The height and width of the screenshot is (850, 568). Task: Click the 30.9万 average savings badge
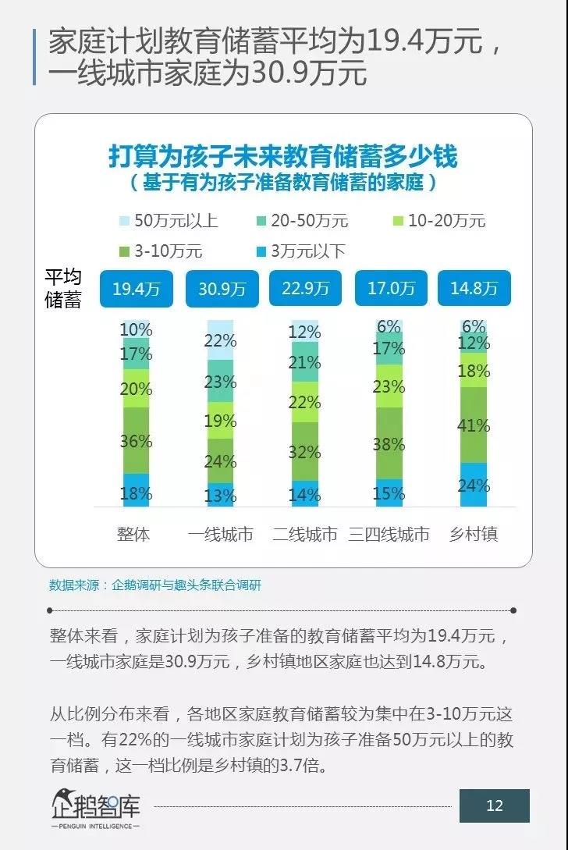point(222,289)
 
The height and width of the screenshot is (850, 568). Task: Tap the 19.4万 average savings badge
point(136,289)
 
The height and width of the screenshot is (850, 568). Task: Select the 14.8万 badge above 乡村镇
point(474,289)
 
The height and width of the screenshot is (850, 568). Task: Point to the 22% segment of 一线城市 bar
point(221,340)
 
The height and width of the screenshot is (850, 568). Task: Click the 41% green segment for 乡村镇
point(474,425)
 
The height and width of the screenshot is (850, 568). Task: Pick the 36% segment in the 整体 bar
point(136,441)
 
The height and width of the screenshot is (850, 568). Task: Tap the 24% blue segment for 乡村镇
point(474,485)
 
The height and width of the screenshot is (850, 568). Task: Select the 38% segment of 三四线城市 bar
point(389,443)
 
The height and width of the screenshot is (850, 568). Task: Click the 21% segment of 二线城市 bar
point(305,362)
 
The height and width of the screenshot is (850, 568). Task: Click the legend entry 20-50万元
point(300,221)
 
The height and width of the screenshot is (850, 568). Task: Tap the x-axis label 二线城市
point(305,535)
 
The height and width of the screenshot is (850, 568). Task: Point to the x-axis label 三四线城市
point(389,535)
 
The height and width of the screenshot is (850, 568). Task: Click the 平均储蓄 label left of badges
point(63,289)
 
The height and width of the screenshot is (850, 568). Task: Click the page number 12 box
point(494,806)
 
